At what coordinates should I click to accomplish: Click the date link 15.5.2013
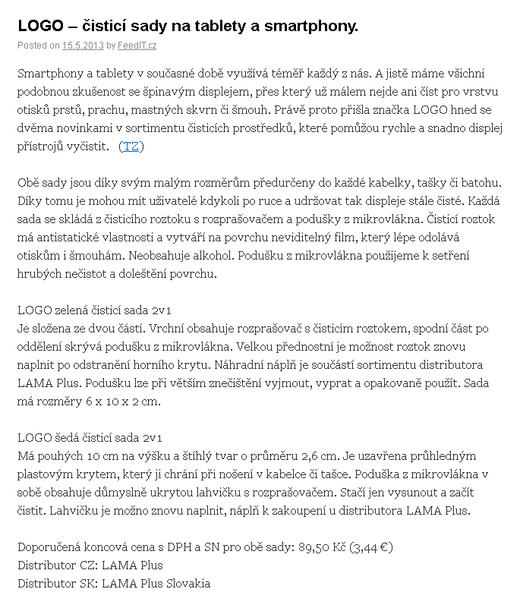pyautogui.click(x=83, y=46)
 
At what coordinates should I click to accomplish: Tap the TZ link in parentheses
pyautogui.click(x=131, y=146)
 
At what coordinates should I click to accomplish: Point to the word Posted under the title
pyautogui.click(x=30, y=46)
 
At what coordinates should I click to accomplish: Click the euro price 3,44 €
pyautogui.click(x=371, y=547)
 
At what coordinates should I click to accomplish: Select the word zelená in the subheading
pyautogui.click(x=71, y=310)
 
